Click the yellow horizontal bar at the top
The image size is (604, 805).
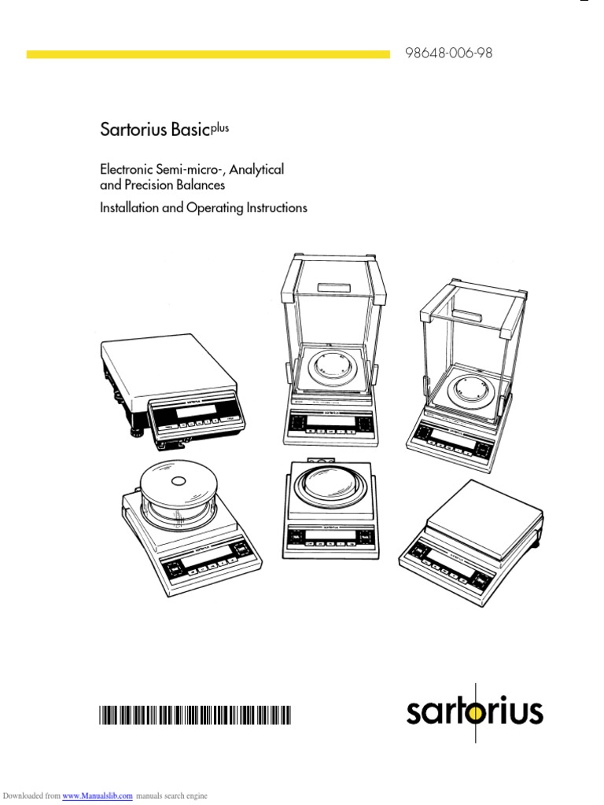click(x=208, y=54)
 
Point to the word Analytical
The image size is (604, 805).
click(x=256, y=169)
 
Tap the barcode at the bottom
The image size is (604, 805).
click(x=194, y=715)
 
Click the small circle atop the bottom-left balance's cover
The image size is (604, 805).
click(x=178, y=480)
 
